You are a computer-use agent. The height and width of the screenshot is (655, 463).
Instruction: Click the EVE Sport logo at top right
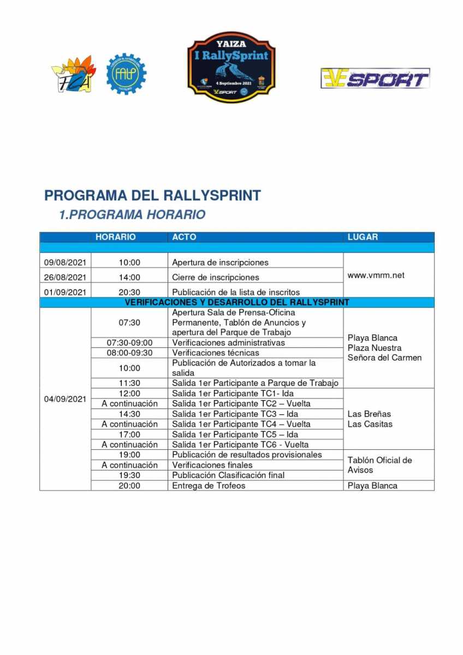[375, 78]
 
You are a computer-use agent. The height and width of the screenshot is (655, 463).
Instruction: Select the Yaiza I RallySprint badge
[231, 67]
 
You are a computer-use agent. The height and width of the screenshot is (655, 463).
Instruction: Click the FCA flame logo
[73, 75]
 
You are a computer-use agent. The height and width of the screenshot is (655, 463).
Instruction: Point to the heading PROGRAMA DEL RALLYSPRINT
[152, 195]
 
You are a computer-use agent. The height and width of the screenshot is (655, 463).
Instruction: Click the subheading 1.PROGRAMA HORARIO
[132, 215]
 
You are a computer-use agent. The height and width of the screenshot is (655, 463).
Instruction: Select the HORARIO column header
[115, 237]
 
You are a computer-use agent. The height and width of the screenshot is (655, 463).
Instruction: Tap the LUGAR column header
[363, 237]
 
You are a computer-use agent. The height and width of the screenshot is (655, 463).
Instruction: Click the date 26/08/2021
[65, 277]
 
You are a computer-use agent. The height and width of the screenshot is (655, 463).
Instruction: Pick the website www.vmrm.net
[376, 275]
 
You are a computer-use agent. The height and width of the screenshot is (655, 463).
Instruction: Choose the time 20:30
[129, 292]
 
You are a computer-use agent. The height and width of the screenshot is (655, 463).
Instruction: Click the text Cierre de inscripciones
[215, 277]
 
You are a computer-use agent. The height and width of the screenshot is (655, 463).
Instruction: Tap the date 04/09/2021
[65, 399]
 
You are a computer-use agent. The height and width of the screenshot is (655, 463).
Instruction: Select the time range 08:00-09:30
[129, 353]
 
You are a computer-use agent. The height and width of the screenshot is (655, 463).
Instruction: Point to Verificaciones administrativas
[228, 343]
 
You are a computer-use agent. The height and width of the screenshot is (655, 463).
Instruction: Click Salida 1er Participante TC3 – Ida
[235, 414]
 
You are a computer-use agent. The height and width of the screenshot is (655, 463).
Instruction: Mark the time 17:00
[129, 434]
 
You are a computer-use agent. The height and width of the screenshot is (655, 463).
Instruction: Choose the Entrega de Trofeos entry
[209, 485]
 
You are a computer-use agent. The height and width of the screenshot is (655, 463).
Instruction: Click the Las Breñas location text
[369, 414]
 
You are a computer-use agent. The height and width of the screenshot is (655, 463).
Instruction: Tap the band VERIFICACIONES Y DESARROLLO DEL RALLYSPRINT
[237, 302]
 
